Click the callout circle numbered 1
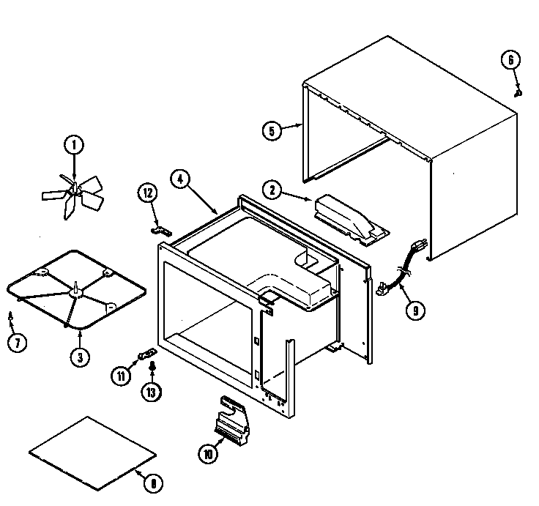(73, 145)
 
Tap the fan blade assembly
(73, 193)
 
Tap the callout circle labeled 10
(207, 454)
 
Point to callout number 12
(148, 193)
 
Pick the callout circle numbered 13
(152, 392)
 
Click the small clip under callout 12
(161, 230)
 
